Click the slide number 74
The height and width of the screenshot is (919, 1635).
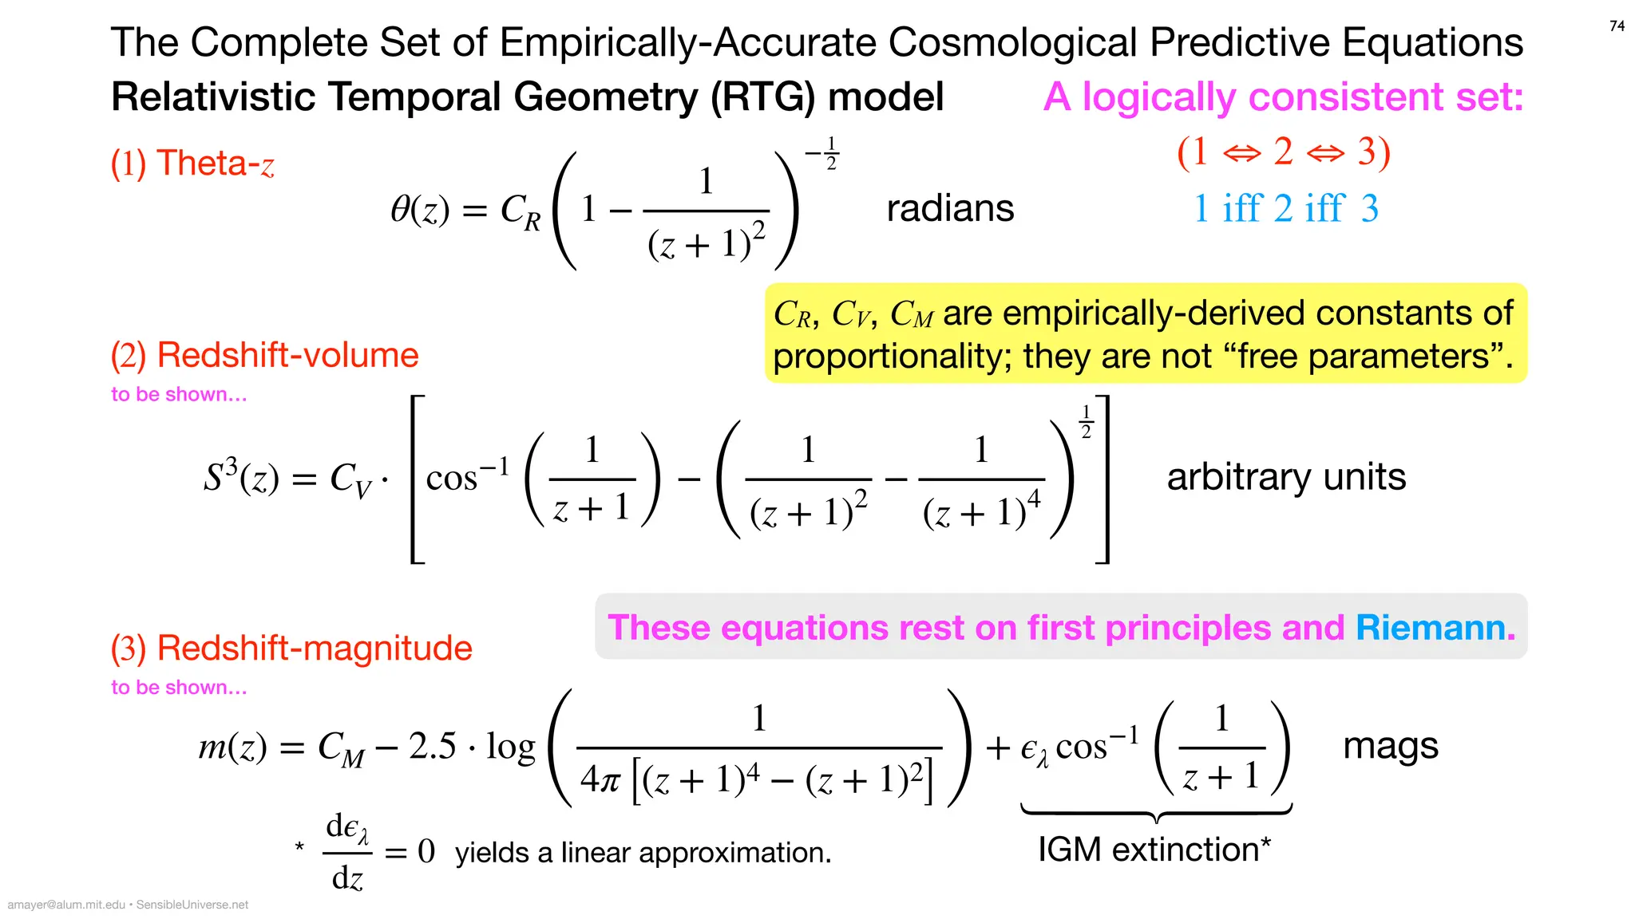(x=1617, y=26)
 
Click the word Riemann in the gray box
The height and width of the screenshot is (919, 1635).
(x=1435, y=628)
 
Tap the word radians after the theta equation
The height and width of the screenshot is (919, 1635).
(x=950, y=209)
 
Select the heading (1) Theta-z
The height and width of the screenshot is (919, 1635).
(x=192, y=164)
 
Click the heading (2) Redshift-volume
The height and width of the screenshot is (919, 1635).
(x=264, y=355)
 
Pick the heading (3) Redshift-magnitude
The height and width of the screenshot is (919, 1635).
(x=291, y=648)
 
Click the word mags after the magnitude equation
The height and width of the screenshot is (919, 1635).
(x=1390, y=747)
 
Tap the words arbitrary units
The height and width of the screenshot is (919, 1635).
(x=1286, y=477)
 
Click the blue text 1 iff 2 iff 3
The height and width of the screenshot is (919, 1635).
(x=1285, y=209)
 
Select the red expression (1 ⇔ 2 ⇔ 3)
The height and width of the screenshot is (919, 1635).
(x=1284, y=152)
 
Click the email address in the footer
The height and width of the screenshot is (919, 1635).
(x=66, y=905)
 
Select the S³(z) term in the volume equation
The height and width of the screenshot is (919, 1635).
(x=240, y=477)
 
